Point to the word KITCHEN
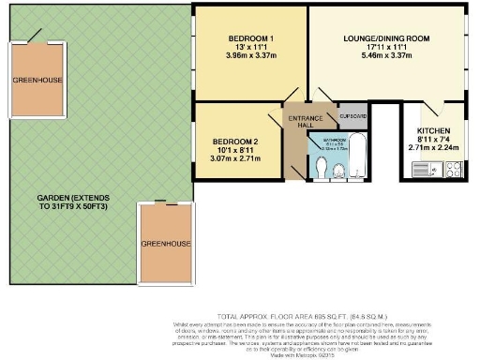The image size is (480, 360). [433, 130]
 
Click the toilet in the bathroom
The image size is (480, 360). [319, 167]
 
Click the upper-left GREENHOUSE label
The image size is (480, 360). [37, 81]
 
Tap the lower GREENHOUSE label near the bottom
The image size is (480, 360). [166, 243]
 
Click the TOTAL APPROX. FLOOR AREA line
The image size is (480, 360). [314, 319]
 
